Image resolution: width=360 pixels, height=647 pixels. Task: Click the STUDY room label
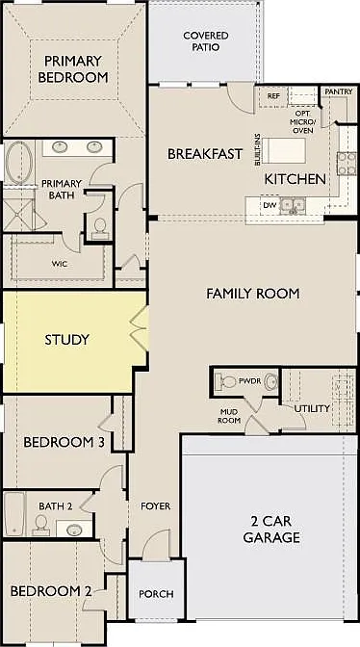point(66,340)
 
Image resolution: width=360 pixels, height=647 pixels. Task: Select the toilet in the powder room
point(227,381)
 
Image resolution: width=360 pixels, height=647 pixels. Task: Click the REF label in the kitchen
point(273,96)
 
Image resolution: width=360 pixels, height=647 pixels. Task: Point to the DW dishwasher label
point(268,205)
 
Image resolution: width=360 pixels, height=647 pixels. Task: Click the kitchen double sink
point(293,205)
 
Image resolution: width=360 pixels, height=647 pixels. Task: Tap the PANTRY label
point(339,91)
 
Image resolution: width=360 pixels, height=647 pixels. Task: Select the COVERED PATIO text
point(206,41)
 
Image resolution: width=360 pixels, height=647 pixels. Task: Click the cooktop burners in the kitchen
point(347,164)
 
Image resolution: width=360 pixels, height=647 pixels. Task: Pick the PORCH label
point(156,594)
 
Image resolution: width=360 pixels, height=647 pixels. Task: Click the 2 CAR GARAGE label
point(271,530)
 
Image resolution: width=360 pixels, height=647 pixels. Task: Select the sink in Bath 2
point(74,529)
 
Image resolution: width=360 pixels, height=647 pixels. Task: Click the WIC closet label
point(60,264)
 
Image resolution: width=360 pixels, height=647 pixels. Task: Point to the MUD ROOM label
point(229,416)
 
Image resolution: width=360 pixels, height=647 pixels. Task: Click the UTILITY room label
point(312,408)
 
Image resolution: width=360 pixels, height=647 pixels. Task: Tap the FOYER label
point(156,505)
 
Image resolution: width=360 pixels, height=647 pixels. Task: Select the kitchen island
point(284,151)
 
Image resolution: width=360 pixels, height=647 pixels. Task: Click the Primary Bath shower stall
point(18,215)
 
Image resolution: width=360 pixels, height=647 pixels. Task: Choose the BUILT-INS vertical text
point(258,149)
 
